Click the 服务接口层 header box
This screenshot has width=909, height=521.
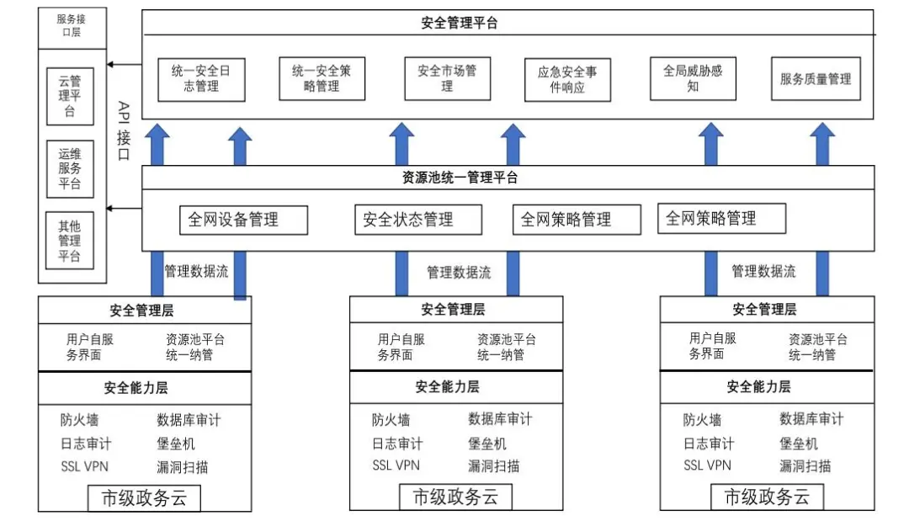[72, 28]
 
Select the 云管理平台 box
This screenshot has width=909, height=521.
[70, 96]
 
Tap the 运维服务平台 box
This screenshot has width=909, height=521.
[70, 169]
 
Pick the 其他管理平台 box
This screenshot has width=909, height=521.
[70, 241]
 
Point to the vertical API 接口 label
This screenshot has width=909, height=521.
[124, 130]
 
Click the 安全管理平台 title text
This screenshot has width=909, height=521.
[460, 24]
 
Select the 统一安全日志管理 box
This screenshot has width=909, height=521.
[201, 79]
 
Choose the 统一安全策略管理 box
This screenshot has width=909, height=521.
[322, 79]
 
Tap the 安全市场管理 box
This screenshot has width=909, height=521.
[447, 79]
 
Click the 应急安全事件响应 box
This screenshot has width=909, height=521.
[567, 80]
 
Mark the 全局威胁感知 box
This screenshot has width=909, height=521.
[693, 79]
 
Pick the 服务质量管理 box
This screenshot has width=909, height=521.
[816, 79]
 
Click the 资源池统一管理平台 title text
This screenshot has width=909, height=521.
[460, 178]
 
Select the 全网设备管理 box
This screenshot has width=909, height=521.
[243, 221]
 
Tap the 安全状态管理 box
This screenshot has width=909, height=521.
[418, 221]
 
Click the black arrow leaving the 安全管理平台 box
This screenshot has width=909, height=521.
[124, 64]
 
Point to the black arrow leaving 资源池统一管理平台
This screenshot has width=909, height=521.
[124, 208]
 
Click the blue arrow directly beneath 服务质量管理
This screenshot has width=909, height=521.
[822, 144]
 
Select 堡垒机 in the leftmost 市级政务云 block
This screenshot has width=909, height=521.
[176, 444]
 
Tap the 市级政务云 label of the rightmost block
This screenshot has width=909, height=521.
[767, 497]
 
